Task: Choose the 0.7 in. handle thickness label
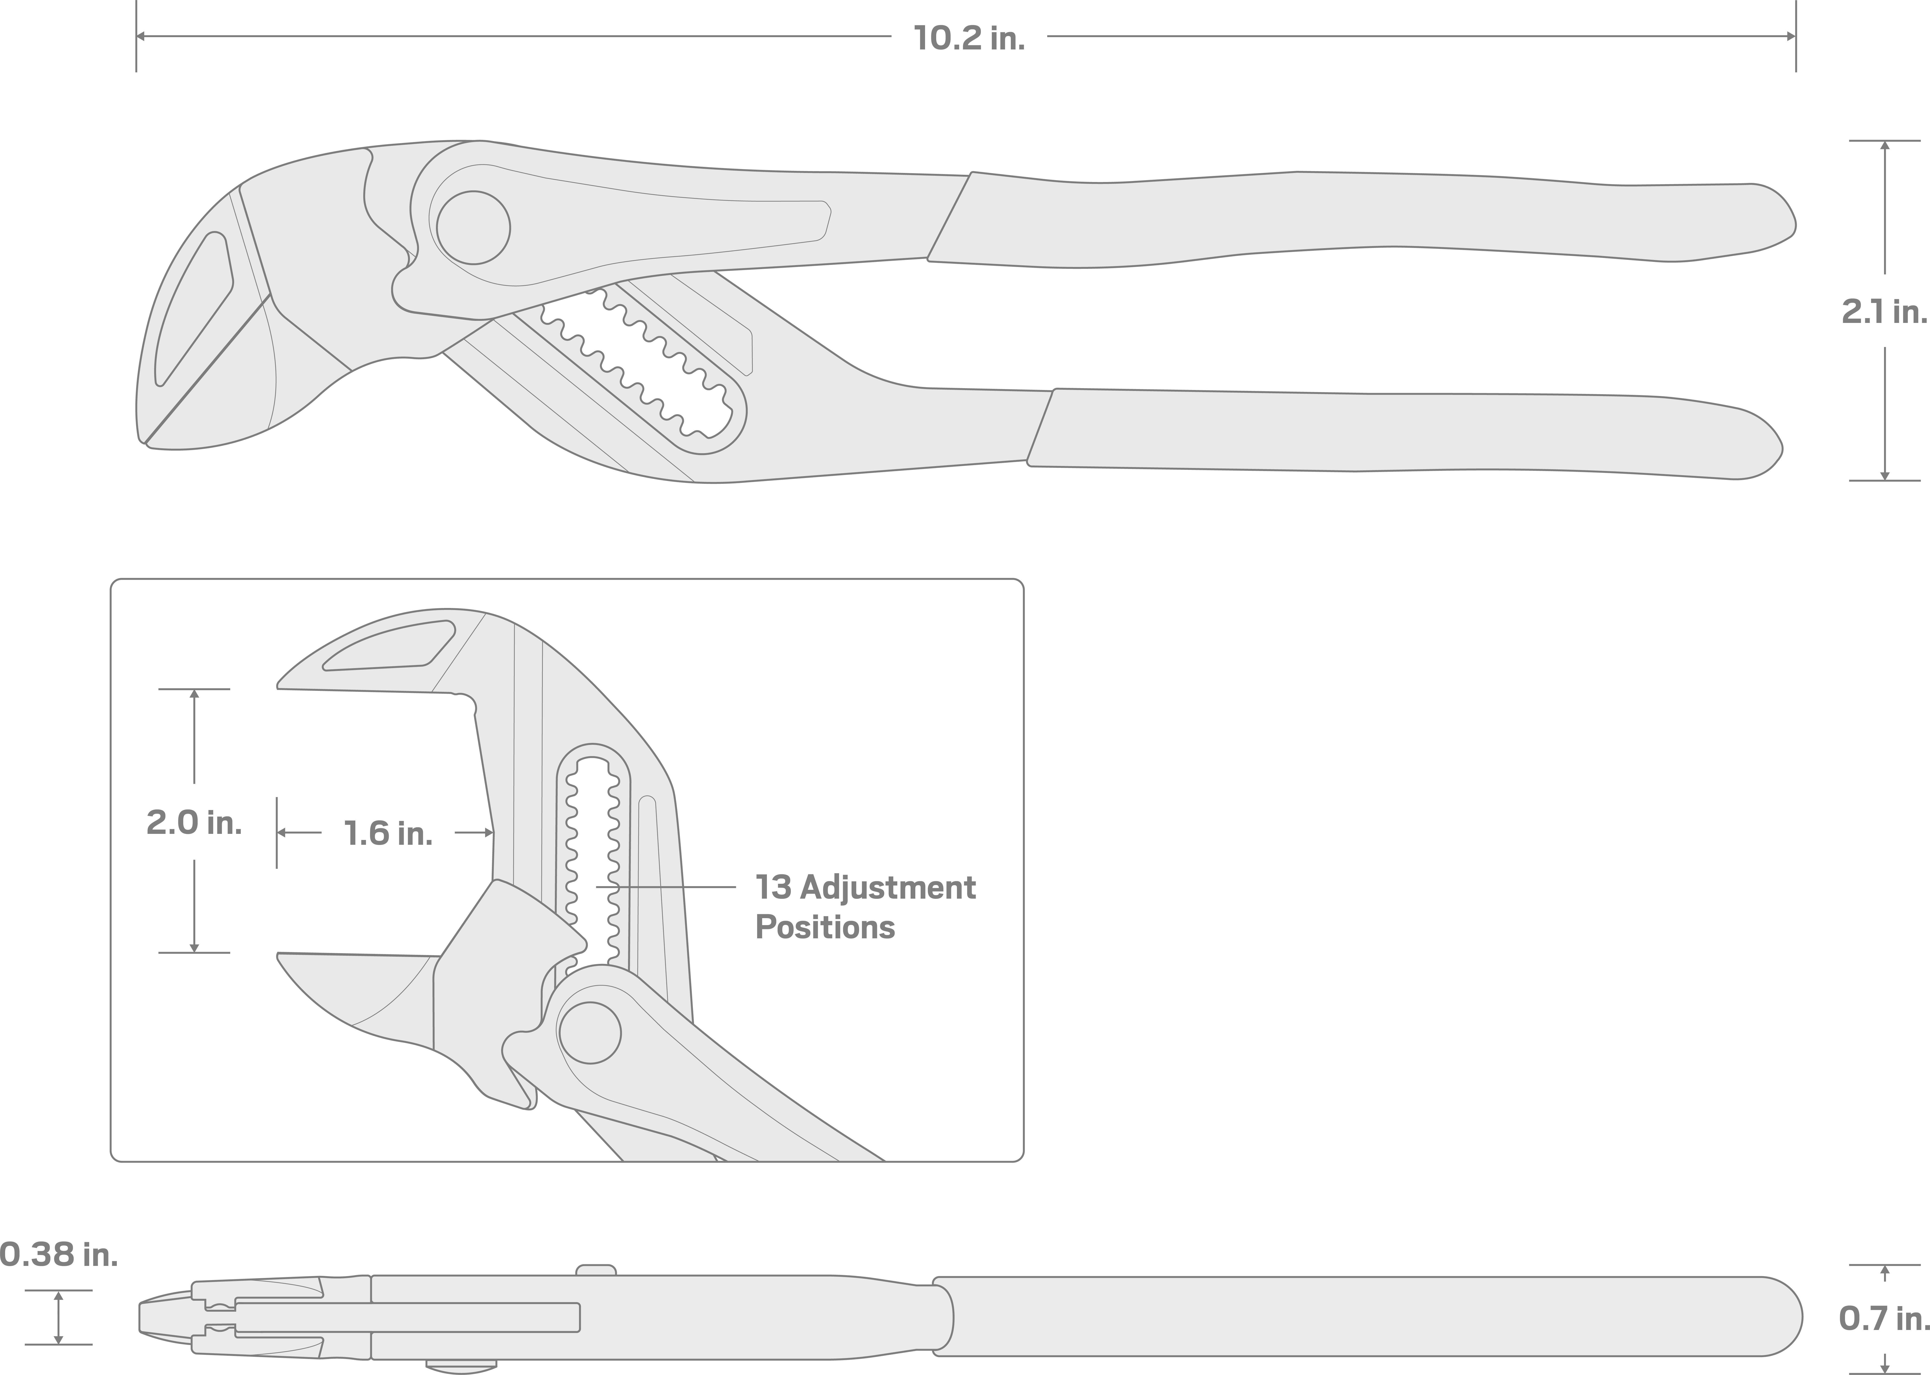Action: [1883, 1318]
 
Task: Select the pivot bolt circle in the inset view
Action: [590, 1033]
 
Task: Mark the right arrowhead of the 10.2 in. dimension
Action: [1789, 36]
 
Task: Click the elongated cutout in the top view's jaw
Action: [193, 309]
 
